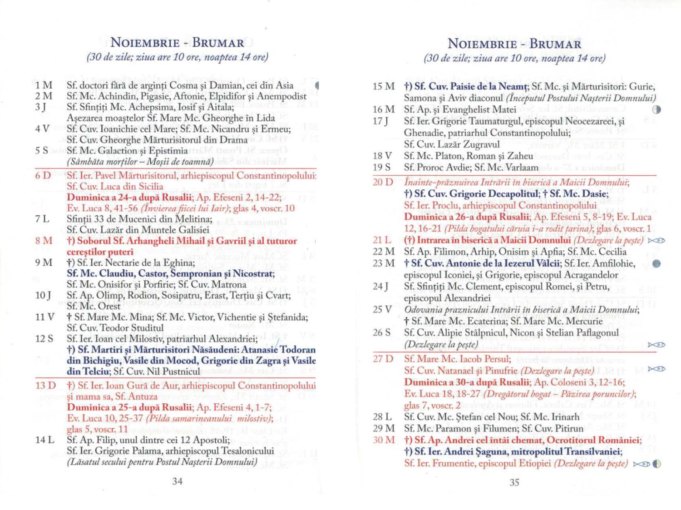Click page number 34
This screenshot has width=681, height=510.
click(x=177, y=481)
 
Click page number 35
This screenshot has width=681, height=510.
click(x=514, y=482)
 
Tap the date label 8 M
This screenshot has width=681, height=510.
click(x=44, y=241)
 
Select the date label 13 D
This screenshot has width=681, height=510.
click(x=45, y=386)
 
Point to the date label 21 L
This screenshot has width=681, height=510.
click(x=382, y=240)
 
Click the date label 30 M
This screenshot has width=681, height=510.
click(x=384, y=440)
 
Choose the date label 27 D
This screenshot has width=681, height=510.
click(x=383, y=359)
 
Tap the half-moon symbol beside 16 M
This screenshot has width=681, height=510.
click(x=656, y=109)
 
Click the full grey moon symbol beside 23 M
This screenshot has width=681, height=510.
click(x=656, y=263)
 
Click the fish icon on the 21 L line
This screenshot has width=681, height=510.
click(x=656, y=240)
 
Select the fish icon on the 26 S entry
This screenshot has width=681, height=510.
click(x=656, y=345)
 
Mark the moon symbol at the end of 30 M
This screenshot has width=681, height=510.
click(x=656, y=464)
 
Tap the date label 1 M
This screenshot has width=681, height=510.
click(x=44, y=85)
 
